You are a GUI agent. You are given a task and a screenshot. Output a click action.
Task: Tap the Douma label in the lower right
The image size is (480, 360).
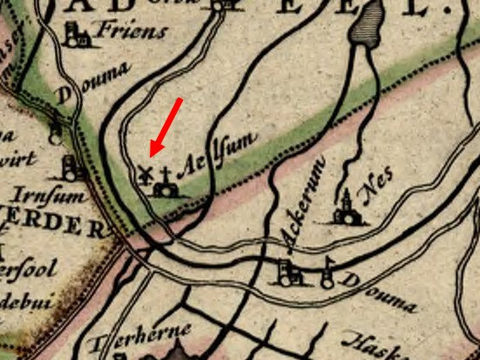pos(379,292)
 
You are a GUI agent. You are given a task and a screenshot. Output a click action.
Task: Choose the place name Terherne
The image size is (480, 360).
pos(135,341)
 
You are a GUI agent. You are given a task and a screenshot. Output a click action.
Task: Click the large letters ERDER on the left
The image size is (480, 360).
pos(52,228)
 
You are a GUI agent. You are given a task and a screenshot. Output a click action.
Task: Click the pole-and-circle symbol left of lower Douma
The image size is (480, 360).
pos(327,274)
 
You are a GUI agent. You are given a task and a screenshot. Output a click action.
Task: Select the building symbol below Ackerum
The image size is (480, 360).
pos(288,274)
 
